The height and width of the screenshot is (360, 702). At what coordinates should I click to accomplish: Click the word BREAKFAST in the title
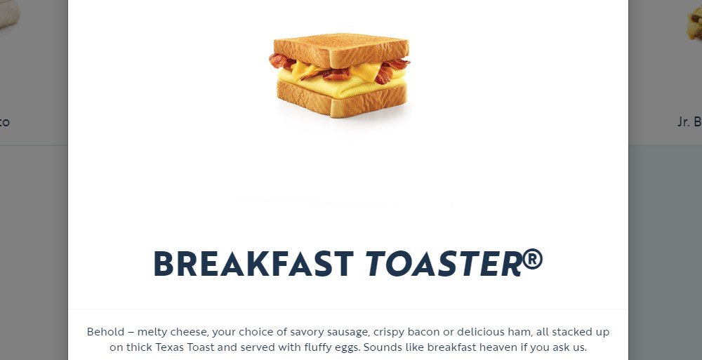253,264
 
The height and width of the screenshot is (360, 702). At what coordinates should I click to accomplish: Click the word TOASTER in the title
443,264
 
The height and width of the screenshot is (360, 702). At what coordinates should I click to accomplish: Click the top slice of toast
340,47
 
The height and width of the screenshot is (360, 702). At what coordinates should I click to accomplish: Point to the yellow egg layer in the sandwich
337,85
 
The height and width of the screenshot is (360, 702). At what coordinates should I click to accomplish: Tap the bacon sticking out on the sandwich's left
281,61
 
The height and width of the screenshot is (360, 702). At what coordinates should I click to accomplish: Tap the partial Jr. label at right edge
689,121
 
